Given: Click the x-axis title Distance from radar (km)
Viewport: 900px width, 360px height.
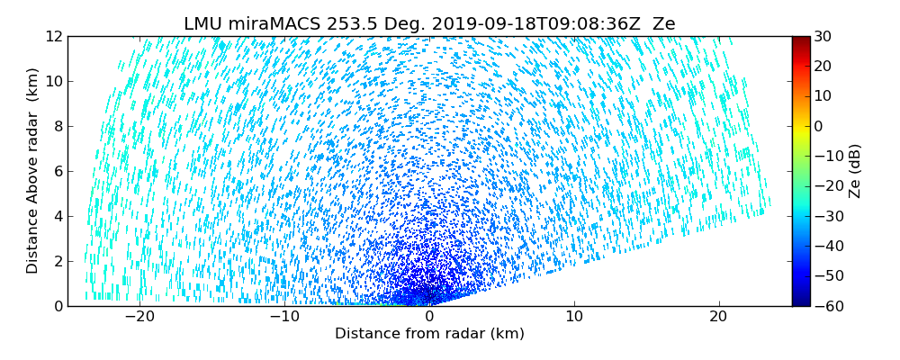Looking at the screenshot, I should click(429, 334).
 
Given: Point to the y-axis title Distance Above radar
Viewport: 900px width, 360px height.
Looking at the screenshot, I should click(33, 170).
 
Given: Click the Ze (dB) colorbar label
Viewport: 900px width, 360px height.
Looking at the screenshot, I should click(855, 171).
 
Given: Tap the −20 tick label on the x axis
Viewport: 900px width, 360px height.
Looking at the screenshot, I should click(139, 317).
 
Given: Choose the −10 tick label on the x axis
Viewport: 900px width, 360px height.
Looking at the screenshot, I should click(284, 317).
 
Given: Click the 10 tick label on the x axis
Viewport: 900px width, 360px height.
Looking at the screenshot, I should click(574, 317).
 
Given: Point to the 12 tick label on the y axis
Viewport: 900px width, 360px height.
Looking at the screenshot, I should click(52, 37).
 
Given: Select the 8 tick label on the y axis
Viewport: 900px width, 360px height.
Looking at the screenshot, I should click(56, 127).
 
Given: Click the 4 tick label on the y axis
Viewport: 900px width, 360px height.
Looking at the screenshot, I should click(56, 216).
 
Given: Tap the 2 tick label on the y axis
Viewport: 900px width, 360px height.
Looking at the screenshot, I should click(56, 261).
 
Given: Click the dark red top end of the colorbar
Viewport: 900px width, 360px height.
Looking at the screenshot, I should click(801, 40).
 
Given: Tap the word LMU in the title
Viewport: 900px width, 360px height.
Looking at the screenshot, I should click(201, 24).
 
